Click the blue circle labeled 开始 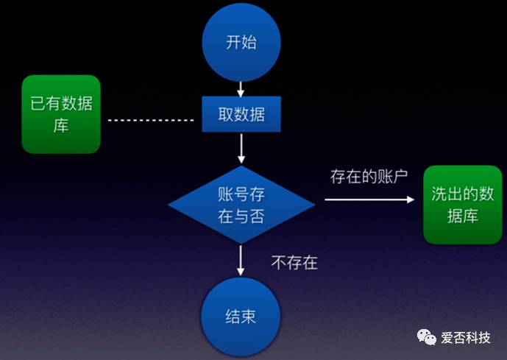click(241, 43)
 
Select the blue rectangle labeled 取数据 click(241, 115)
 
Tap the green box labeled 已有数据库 click(60, 114)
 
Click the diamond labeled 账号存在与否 click(241, 205)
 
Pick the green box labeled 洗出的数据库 click(463, 205)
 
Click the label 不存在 click(294, 261)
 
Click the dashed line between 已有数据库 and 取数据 click(151, 119)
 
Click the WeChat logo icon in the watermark click(427, 337)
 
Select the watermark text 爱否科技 click(466, 338)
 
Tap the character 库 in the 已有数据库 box click(60, 125)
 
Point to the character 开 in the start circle click(233, 42)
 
